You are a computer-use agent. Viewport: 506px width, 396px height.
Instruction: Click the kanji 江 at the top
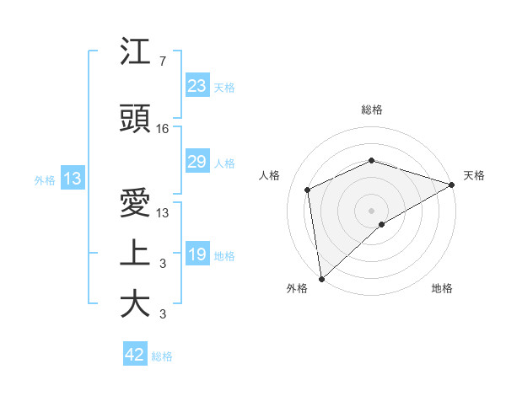(x=135, y=52)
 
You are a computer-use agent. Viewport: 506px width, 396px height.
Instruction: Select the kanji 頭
(x=135, y=119)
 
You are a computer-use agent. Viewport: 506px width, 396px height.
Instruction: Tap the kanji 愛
(x=135, y=205)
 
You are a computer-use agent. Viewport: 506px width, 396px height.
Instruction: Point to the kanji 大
(x=135, y=304)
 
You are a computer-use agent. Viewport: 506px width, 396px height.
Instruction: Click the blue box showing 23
(x=197, y=86)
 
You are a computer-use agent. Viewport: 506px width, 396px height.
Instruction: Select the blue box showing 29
(x=197, y=162)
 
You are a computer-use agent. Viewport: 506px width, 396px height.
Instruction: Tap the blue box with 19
(x=197, y=255)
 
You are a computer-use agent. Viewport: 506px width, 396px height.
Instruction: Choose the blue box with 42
(x=135, y=355)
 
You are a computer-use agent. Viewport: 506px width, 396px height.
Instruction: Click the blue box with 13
(x=73, y=179)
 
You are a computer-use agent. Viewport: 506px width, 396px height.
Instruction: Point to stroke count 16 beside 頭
(x=163, y=129)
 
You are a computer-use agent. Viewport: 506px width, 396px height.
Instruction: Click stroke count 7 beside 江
(x=162, y=62)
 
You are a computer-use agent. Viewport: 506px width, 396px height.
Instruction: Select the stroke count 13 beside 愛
(x=163, y=214)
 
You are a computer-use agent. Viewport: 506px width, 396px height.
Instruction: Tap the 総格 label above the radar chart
(x=372, y=110)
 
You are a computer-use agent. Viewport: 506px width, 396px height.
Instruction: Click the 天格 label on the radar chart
(x=474, y=175)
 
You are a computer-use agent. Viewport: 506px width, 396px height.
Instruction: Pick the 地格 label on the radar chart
(x=442, y=288)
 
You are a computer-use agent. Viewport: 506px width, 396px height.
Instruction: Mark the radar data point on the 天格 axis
(x=452, y=184)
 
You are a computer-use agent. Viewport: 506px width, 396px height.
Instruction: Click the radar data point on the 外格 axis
(x=321, y=279)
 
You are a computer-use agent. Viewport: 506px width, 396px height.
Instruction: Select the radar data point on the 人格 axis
(x=308, y=190)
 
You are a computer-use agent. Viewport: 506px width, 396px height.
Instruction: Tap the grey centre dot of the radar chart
(x=372, y=210)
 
